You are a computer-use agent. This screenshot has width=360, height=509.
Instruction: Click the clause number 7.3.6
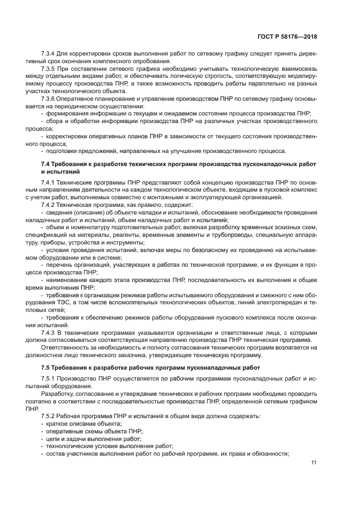tap(49, 99)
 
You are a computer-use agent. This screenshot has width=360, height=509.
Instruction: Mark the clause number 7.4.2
tap(49, 205)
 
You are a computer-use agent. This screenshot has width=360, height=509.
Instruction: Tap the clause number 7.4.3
tap(49, 332)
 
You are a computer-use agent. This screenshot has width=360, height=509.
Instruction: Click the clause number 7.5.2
tap(49, 415)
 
